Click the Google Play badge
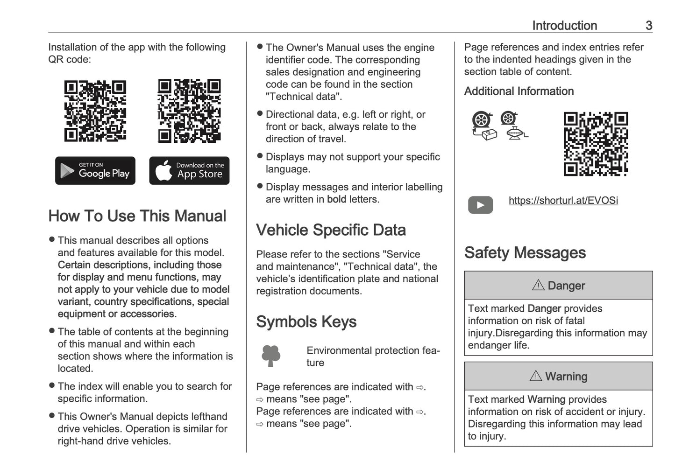(95, 171)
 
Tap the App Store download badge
(189, 171)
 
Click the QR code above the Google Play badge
(95, 111)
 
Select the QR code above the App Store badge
(189, 111)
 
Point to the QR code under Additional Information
(596, 144)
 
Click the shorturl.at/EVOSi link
(563, 201)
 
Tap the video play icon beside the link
(480, 205)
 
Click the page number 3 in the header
(648, 26)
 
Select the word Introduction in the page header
(564, 26)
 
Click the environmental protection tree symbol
(271, 356)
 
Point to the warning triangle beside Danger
(538, 285)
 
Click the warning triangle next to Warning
(535, 376)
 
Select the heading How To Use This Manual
(137, 216)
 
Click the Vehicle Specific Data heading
(331, 230)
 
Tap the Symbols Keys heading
(306, 322)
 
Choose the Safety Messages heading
(525, 253)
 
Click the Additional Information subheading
(519, 91)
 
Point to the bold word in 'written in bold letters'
(336, 199)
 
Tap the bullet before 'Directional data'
(260, 114)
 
